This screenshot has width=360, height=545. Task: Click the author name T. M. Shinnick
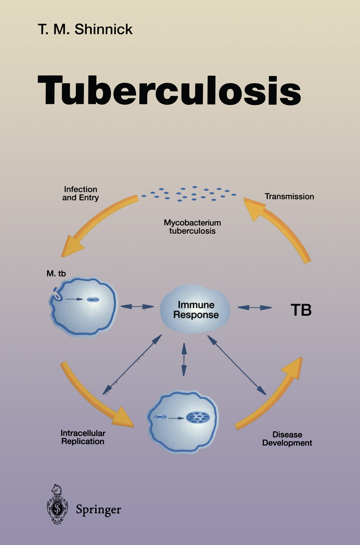coord(84,30)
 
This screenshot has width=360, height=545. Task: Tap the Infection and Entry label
coord(81,194)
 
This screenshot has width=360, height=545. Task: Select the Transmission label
coord(289,196)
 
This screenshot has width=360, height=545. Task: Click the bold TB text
coord(301,311)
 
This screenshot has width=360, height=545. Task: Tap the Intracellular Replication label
coord(83,437)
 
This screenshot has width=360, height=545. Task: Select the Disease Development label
coord(287,439)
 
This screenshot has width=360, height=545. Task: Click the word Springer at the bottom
coord(98,509)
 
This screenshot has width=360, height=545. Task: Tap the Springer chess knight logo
coord(57,504)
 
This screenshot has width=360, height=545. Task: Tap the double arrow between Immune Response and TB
coord(255,307)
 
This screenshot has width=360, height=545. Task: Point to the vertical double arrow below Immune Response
coord(184,359)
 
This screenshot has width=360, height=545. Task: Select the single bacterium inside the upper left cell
coord(93,299)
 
